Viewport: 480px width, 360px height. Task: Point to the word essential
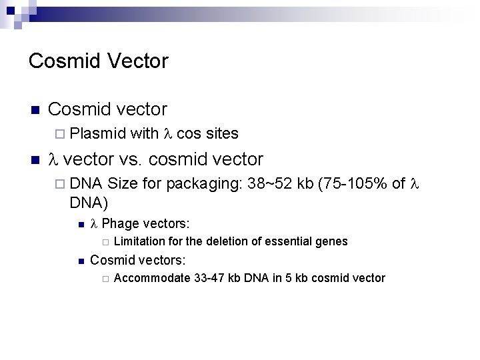(x=289, y=241)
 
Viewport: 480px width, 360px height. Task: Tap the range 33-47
(x=213, y=278)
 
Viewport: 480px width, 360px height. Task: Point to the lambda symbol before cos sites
(x=167, y=134)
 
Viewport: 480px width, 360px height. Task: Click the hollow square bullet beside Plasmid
(x=57, y=134)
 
